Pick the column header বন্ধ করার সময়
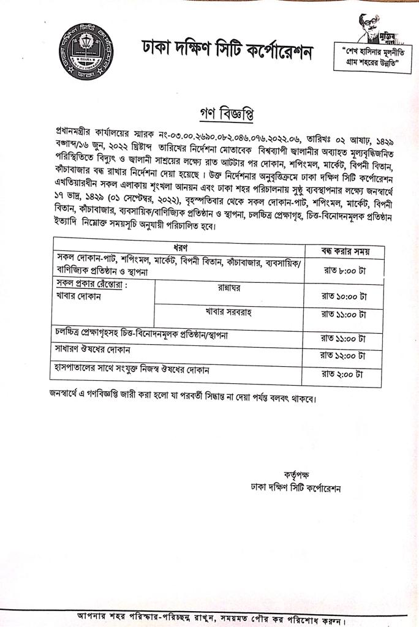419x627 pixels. click(x=345, y=251)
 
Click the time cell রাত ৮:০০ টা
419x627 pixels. click(x=344, y=269)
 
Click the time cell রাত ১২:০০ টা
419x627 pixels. click(x=344, y=355)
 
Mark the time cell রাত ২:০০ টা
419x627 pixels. click(x=344, y=374)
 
